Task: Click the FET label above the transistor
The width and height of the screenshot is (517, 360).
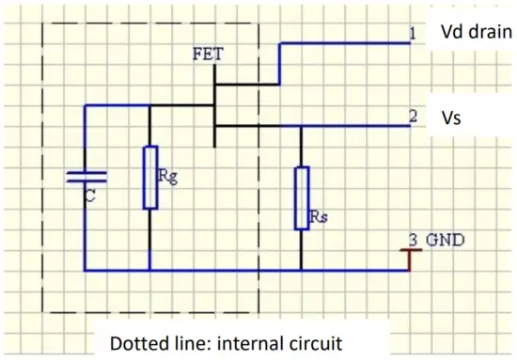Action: [x=208, y=54]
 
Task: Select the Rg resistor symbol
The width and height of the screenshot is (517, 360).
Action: [x=150, y=177]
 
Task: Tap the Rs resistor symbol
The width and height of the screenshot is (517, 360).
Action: [x=301, y=197]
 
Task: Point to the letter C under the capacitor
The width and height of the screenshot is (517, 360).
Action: [x=89, y=197]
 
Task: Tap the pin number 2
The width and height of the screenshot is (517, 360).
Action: [x=413, y=118]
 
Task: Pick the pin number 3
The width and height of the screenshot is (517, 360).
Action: [x=413, y=240]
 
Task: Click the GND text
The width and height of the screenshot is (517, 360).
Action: [x=445, y=240]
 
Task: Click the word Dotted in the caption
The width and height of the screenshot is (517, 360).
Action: [x=138, y=342]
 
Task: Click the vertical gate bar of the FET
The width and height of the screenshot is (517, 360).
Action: [x=215, y=103]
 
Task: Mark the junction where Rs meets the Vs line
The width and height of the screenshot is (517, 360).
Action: [x=301, y=127]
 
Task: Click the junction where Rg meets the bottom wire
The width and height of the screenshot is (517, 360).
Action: [x=150, y=271]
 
